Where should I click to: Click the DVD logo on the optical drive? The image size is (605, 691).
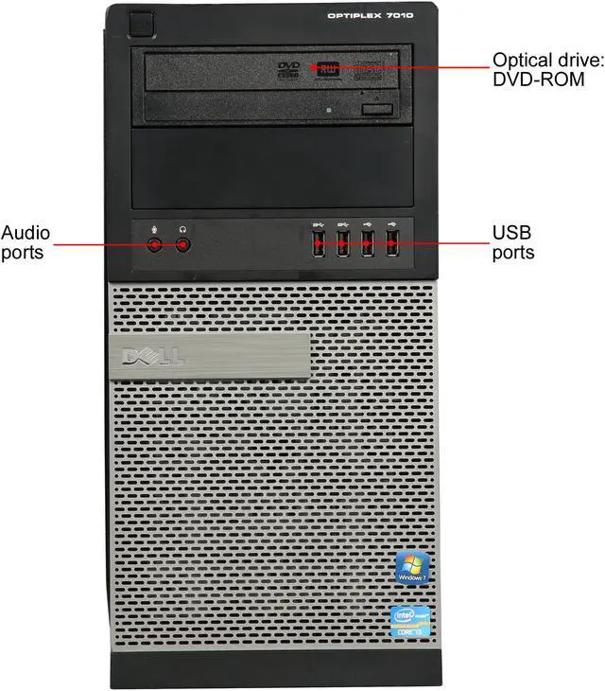click(289, 68)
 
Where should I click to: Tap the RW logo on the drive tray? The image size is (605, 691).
click(330, 68)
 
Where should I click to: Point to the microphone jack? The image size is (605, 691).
click(157, 244)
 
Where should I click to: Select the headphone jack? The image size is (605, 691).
click(183, 244)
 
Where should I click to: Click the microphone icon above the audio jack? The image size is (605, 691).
click(157, 227)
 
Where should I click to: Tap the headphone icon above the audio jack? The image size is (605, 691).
click(183, 227)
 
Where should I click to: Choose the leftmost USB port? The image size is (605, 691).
click(319, 243)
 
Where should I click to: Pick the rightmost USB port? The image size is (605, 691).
click(392, 243)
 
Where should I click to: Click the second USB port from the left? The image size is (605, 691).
click(343, 243)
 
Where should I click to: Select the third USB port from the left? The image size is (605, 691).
click(368, 243)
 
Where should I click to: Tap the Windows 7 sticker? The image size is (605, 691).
click(412, 566)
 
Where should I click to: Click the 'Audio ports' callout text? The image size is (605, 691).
click(26, 243)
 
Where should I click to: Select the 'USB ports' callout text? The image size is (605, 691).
click(513, 243)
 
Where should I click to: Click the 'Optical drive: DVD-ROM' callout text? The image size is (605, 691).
click(538, 69)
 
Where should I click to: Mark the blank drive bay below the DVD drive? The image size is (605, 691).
click(274, 170)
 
